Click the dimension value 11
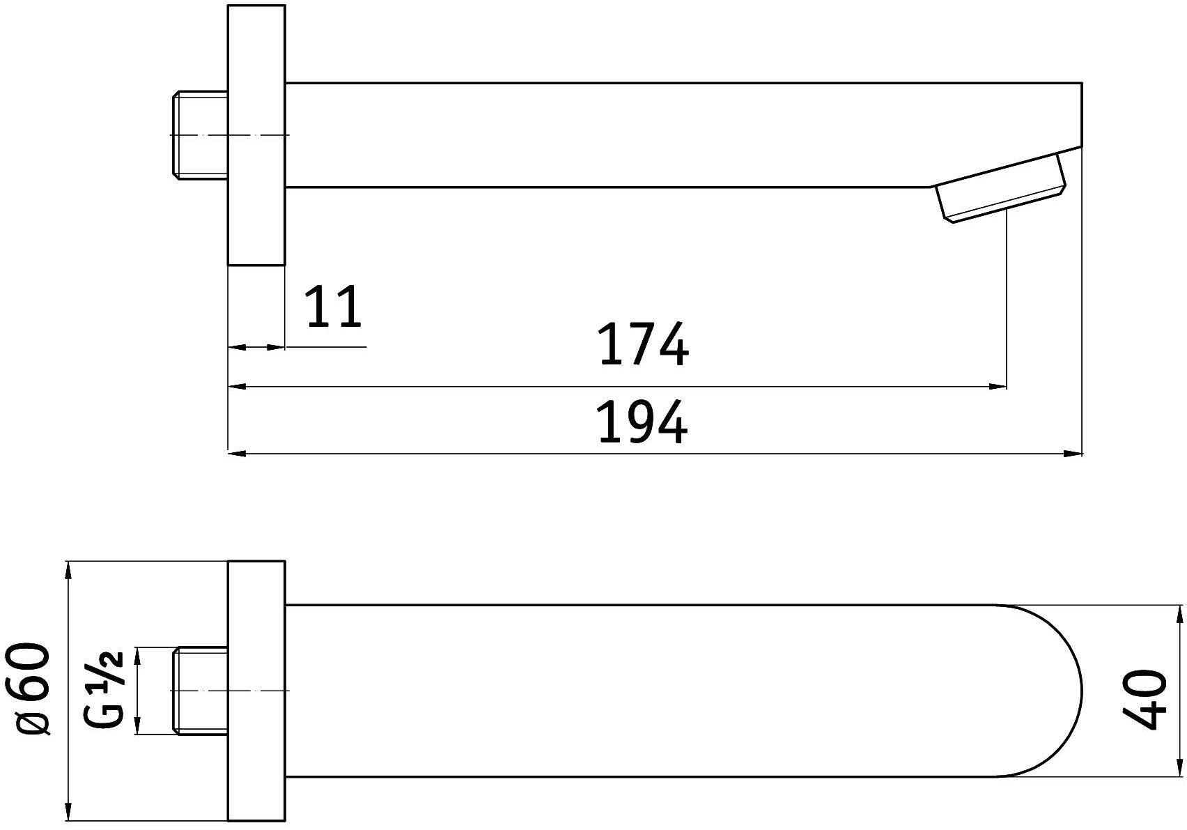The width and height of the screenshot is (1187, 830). point(334,307)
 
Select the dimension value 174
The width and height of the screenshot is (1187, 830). point(644,344)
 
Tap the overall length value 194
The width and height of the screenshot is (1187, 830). point(644,422)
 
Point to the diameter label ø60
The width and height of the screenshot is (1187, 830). point(33,689)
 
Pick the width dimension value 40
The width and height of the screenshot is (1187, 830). point(1146,700)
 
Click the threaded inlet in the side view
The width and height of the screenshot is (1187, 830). point(201,135)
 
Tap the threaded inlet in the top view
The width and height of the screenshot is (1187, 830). point(201,691)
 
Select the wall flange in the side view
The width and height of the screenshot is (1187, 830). point(256,135)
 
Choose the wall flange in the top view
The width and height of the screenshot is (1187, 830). point(256,691)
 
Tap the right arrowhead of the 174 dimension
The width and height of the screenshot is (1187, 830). point(999,385)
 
